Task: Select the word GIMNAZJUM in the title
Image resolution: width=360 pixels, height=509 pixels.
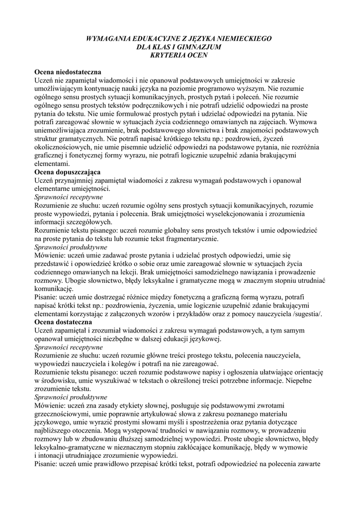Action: (197, 47)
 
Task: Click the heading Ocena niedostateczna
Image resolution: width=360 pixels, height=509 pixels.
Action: (68, 72)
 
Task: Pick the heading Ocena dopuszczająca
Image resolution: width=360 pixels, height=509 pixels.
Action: (67, 172)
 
